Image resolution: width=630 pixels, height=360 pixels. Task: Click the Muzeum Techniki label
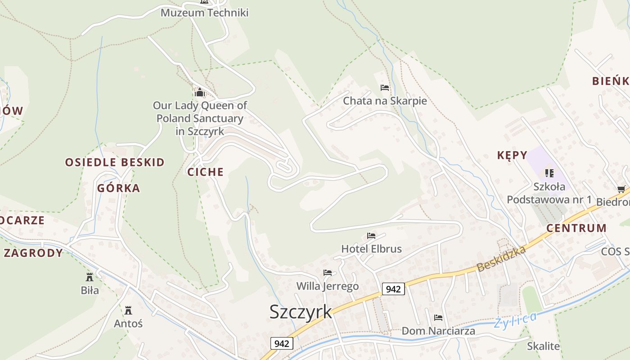(205, 13)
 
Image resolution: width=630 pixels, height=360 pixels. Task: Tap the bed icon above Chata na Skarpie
(385, 88)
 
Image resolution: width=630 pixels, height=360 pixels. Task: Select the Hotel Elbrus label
(371, 249)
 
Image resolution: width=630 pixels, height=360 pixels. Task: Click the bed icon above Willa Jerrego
(328, 273)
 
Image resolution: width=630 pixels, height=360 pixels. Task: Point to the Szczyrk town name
(301, 312)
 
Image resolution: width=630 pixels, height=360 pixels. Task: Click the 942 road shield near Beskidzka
(393, 289)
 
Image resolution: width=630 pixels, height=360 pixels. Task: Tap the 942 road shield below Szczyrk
(282, 344)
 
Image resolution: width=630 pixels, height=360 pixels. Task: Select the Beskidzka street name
(501, 259)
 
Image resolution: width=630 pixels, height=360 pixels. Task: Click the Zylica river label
(515, 320)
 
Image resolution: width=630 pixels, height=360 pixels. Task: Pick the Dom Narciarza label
(438, 331)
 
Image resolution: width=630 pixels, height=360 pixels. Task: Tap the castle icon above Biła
(90, 277)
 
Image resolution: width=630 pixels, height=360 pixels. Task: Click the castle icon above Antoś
(128, 310)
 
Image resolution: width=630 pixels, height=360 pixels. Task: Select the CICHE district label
(206, 172)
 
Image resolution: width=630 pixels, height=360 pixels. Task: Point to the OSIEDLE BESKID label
(115, 162)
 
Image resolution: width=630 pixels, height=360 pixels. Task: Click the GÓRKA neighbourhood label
(119, 188)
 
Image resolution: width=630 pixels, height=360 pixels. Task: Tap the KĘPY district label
(512, 155)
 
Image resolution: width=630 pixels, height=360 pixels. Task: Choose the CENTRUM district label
(576, 228)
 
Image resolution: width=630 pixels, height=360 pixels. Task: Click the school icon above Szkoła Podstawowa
(549, 173)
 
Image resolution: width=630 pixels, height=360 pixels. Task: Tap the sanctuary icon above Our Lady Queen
(199, 93)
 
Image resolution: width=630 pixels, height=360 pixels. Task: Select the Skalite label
(544, 346)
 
